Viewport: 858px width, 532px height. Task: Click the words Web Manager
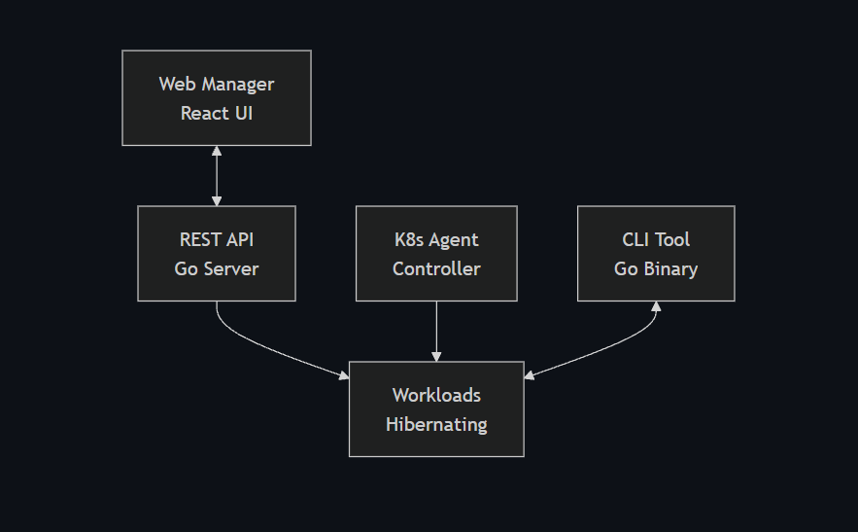(x=216, y=84)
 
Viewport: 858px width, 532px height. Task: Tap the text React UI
(x=216, y=113)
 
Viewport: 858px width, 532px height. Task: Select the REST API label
(x=216, y=239)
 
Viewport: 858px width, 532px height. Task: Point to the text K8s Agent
(x=436, y=239)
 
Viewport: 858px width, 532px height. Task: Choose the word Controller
(x=436, y=268)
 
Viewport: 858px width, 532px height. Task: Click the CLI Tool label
(x=656, y=239)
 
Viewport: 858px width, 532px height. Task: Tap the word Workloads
(x=436, y=395)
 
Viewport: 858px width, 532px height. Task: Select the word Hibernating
(x=436, y=424)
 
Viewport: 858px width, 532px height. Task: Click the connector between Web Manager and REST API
(x=217, y=175)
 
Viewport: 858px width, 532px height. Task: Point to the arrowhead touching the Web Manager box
(x=217, y=152)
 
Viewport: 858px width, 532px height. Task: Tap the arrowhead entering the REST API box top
(x=217, y=199)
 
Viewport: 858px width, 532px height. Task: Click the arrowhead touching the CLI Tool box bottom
(x=656, y=307)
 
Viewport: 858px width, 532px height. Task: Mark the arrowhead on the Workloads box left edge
(x=343, y=374)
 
